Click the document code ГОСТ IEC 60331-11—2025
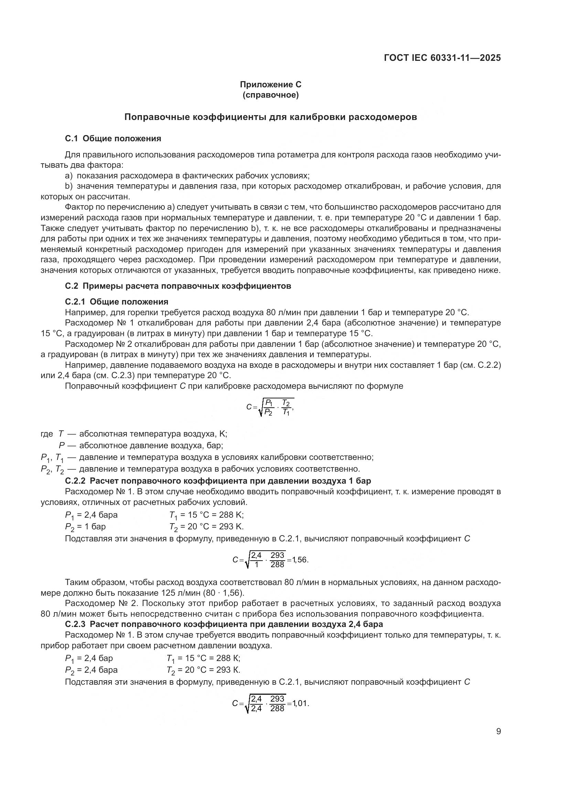pyautogui.click(x=442, y=58)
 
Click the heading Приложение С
pyautogui.click(x=270, y=85)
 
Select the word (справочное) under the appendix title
pyautogui.click(x=270, y=95)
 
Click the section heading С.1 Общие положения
pyautogui.click(x=113, y=139)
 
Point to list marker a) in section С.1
pyautogui.click(x=69, y=176)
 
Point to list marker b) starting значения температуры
pyautogui.click(x=69, y=186)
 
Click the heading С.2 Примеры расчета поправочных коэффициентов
pyautogui.click(x=178, y=286)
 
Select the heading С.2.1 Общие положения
pyautogui.click(x=117, y=302)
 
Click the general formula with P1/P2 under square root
pyautogui.click(x=270, y=407)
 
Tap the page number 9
pyautogui.click(x=498, y=731)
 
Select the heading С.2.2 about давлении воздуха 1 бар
pyautogui.click(x=218, y=481)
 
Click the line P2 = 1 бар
pyautogui.click(x=86, y=527)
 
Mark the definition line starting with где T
pyautogui.click(x=134, y=434)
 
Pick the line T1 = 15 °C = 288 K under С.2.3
pyautogui.click(x=204, y=659)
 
